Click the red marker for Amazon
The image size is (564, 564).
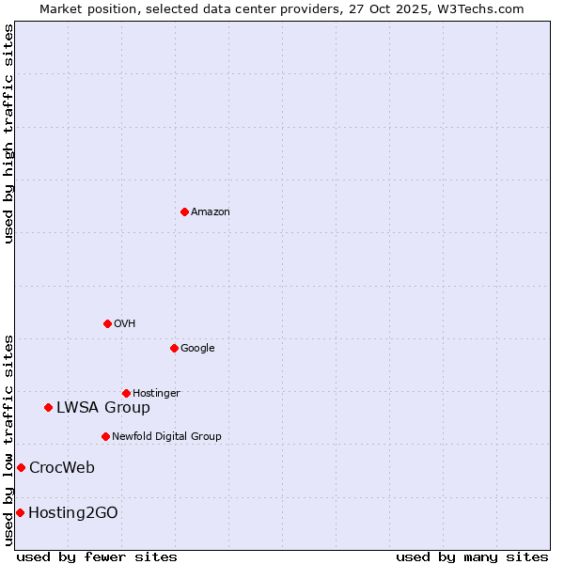tap(184, 211)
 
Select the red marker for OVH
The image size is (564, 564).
tap(107, 323)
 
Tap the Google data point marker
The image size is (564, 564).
tap(174, 348)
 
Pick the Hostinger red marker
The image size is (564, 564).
tap(126, 393)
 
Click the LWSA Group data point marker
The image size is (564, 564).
tap(48, 407)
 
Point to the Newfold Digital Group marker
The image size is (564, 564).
tap(105, 436)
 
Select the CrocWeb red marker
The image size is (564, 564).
tap(21, 467)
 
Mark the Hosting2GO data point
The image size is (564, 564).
tap(20, 512)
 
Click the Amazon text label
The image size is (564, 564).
tap(211, 212)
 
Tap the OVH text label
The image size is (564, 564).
tap(125, 324)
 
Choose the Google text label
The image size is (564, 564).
tap(197, 349)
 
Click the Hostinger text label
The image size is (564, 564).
tap(156, 394)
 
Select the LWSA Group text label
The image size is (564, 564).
tap(103, 408)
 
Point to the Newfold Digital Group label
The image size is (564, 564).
tap(166, 437)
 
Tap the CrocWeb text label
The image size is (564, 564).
tap(62, 468)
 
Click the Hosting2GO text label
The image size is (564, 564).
tap(73, 513)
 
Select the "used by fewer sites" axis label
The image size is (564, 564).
tap(97, 556)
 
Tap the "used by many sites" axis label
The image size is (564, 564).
tap(472, 556)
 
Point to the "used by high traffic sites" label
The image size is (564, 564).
tap(9, 133)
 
